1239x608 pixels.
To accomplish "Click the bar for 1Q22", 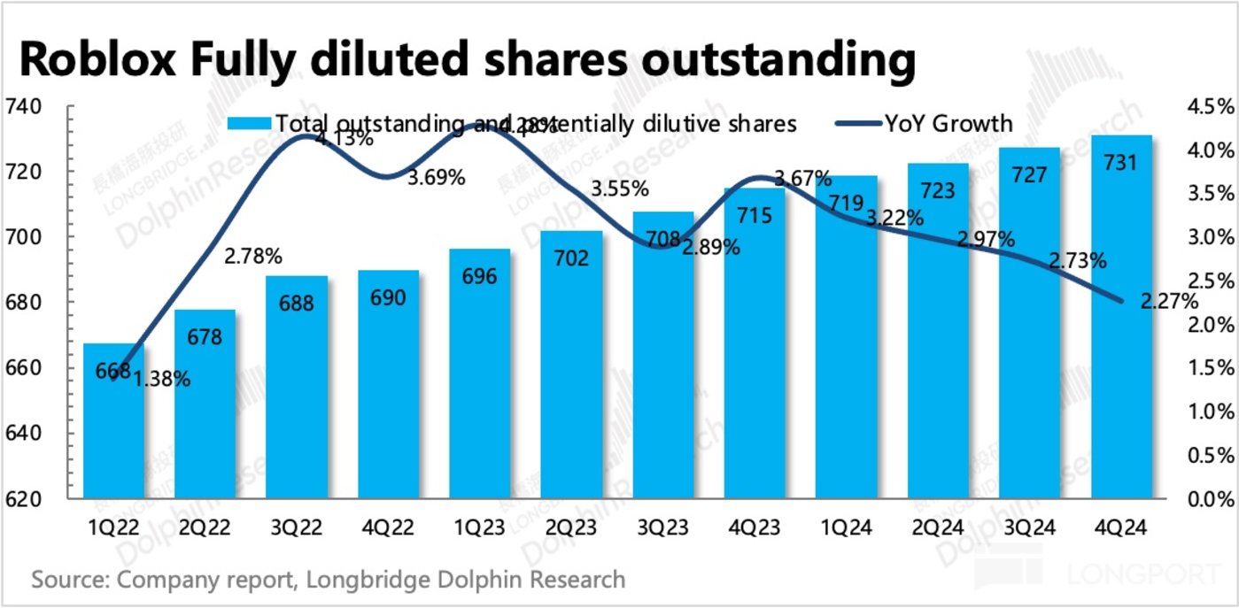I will (113, 425).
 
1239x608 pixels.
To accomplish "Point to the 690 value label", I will (388, 297).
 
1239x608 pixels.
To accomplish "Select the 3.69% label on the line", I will (436, 178).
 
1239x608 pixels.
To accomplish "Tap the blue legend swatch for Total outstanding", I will (250, 123).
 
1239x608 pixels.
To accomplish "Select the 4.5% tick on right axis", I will (1210, 107).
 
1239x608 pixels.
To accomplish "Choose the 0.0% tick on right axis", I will (1210, 500).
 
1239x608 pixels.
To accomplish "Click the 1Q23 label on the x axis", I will (479, 528).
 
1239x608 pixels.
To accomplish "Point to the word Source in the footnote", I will (67, 581).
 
